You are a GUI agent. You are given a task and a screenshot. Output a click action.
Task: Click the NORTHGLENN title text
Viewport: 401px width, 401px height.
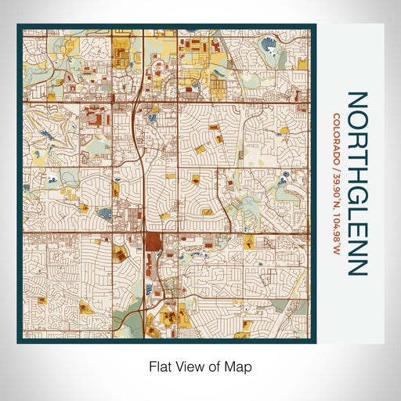[356, 183]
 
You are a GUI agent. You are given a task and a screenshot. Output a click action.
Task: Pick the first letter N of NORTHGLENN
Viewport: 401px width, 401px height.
[356, 101]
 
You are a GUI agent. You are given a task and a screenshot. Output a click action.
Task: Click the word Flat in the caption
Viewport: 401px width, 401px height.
[159, 366]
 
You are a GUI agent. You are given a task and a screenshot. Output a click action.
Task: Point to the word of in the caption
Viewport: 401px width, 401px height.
[215, 366]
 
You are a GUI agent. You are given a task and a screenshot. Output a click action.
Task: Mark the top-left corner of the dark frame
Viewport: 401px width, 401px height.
[18, 25]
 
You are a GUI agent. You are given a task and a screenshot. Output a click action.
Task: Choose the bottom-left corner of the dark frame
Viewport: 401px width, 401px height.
[18, 342]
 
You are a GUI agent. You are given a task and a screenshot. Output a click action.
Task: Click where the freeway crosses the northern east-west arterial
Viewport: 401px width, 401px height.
[139, 101]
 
